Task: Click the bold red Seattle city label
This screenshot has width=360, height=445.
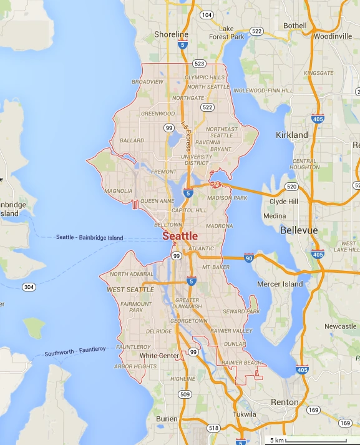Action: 180,236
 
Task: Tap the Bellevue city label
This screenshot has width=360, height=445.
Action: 299,230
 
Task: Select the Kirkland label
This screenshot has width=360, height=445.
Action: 292,135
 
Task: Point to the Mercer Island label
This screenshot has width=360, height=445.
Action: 280,284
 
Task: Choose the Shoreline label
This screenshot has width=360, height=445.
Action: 171,34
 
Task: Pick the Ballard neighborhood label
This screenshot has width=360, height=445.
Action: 132,140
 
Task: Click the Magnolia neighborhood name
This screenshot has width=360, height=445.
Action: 119,191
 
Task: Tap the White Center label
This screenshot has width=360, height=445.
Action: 159,356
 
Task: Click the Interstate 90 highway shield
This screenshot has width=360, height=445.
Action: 248,258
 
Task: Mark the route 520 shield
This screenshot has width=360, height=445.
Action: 291,187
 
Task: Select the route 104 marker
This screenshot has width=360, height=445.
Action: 207,14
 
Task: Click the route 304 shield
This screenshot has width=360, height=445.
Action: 29,287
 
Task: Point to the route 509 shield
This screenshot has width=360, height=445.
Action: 185,394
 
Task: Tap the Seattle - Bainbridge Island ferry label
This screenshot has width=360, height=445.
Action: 90,238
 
